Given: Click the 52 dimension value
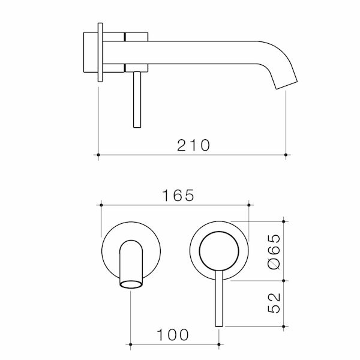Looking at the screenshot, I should click(x=274, y=304).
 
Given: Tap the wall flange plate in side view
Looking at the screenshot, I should click(x=100, y=52).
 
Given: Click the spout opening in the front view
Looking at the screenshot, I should click(x=132, y=283).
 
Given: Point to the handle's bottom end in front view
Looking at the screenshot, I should click(x=218, y=324).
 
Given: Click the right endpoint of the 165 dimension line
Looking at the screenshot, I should click(x=248, y=205).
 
